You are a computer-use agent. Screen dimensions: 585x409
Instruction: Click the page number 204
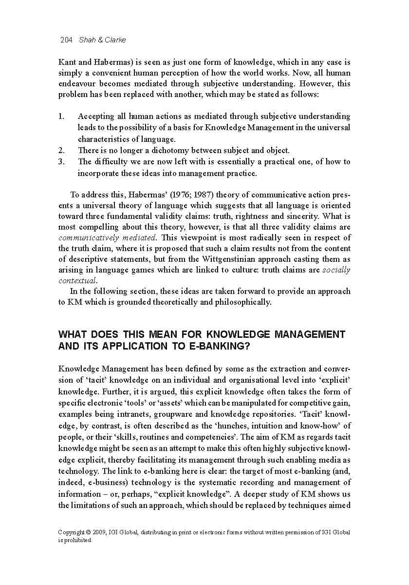[66, 40]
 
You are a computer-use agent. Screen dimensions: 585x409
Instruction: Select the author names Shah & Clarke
[102, 40]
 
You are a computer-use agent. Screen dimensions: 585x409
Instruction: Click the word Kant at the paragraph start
[67, 62]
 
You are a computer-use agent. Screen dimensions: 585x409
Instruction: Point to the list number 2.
[61, 150]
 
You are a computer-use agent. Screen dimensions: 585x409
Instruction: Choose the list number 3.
[61, 161]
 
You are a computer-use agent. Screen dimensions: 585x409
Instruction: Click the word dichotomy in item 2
[173, 150]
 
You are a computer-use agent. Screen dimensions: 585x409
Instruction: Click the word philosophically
[242, 302]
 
